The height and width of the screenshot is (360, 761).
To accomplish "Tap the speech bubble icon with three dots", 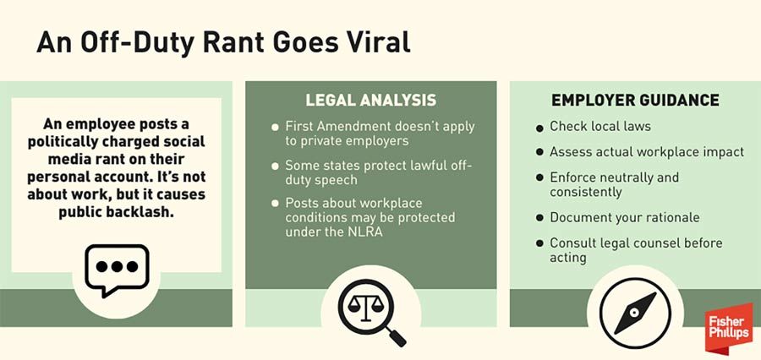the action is (x=117, y=270).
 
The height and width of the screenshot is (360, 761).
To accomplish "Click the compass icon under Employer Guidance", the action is (x=635, y=313).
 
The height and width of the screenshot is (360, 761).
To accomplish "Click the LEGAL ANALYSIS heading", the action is (x=371, y=101).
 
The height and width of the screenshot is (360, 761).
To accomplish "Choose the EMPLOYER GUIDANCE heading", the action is (x=635, y=100).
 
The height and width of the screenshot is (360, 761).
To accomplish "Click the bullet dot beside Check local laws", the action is (x=539, y=128).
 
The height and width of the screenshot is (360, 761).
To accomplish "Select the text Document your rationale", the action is (x=625, y=217).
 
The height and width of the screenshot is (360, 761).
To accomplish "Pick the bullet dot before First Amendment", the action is (x=275, y=128).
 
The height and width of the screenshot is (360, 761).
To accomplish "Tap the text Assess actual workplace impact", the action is (x=647, y=152).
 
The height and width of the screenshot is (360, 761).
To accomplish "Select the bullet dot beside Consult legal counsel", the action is (x=539, y=243).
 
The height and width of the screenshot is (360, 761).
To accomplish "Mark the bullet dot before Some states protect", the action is (x=275, y=166).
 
